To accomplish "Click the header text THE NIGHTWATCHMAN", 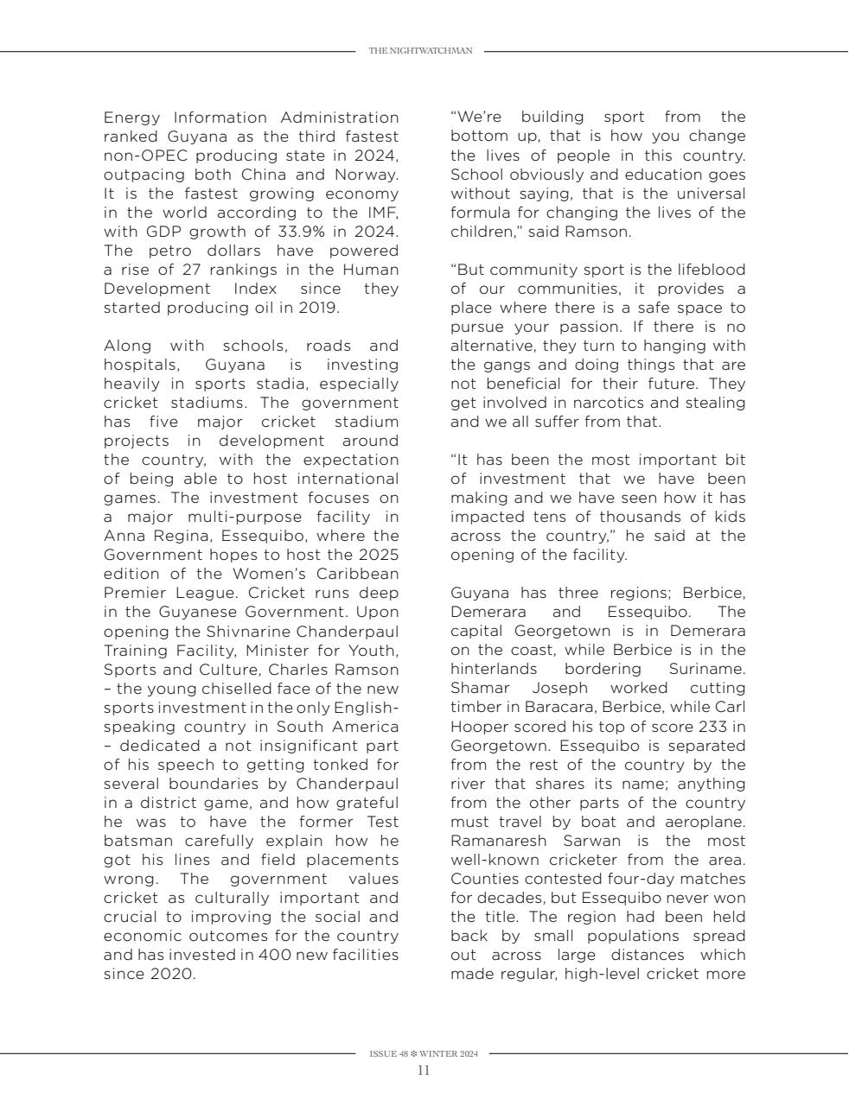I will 420,51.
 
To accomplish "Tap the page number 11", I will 424,1071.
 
